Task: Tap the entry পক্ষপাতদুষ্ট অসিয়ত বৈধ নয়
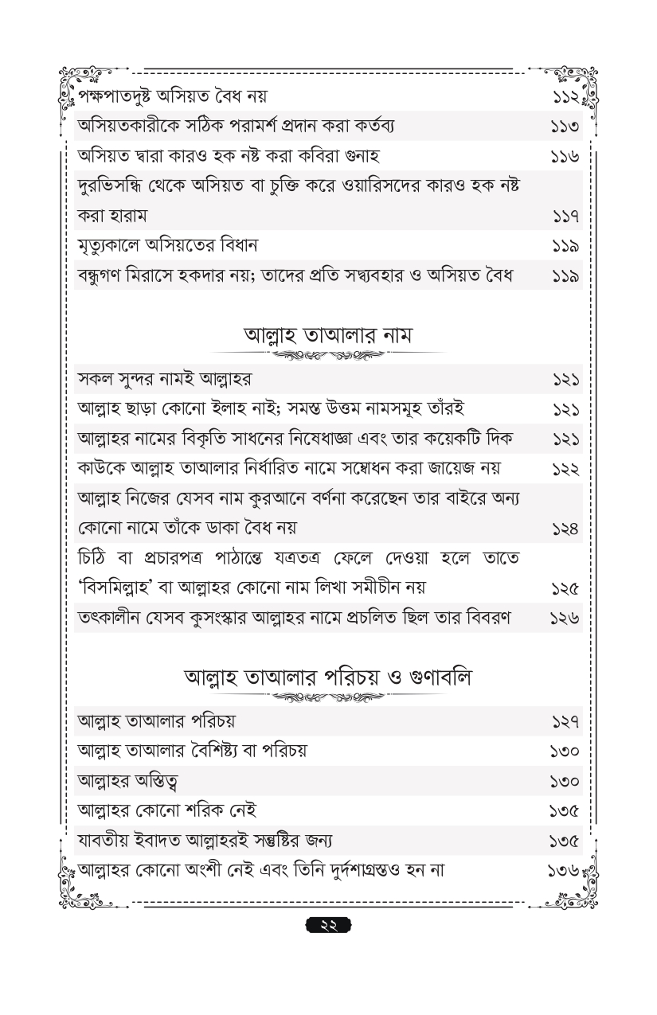172,97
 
